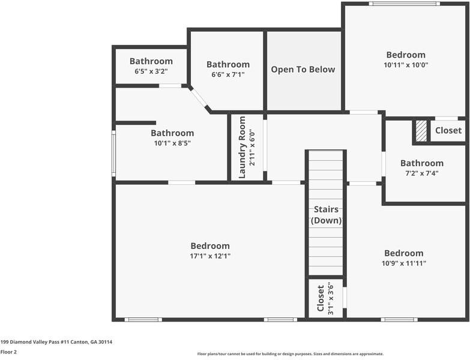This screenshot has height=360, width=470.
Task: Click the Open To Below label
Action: point(303,70)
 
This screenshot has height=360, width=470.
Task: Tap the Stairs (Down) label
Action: point(326,215)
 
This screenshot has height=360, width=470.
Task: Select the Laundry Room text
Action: point(242,148)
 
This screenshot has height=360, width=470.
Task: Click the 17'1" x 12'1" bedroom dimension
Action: point(210,256)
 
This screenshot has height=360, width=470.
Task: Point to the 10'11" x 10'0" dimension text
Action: point(406,65)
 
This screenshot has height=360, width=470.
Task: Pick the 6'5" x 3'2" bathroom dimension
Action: point(151,71)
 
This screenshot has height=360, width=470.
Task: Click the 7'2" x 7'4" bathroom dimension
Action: point(422,173)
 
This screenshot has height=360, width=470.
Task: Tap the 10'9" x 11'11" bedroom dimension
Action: point(404,263)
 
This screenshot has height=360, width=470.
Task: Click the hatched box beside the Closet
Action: point(421,131)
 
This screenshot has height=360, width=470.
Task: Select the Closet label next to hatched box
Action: point(448,131)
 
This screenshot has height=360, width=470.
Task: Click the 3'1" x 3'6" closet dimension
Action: point(330,298)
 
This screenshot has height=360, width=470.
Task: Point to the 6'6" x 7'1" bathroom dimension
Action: point(228,74)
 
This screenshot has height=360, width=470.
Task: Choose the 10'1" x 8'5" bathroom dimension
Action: point(172,143)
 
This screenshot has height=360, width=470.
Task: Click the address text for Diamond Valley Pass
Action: point(56,342)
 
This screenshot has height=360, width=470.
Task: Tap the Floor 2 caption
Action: point(8,352)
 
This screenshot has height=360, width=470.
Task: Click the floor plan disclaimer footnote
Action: point(290,354)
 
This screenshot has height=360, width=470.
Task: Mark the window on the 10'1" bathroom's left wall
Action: point(113,154)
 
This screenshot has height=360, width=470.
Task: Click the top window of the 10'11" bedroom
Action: point(405,4)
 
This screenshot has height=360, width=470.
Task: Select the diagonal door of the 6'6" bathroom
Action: point(199,97)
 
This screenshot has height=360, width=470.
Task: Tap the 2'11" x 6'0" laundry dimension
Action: point(252,148)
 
